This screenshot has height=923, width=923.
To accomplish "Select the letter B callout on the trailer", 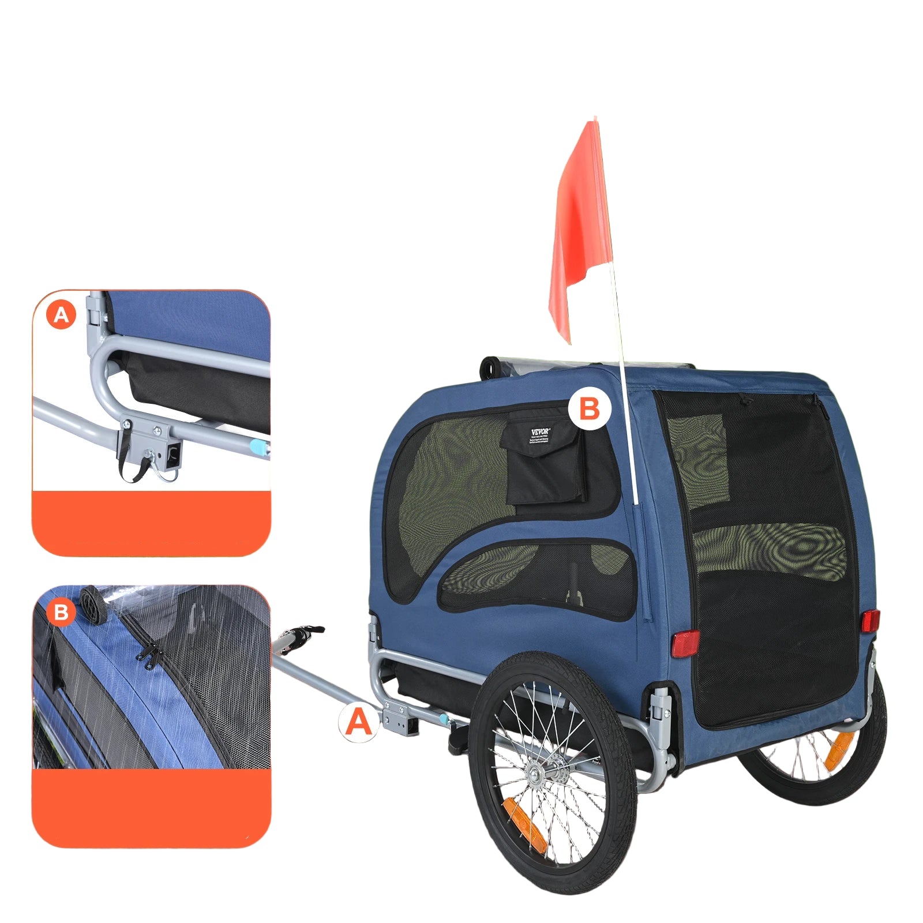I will (x=588, y=408).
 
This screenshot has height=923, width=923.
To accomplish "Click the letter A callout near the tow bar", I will (x=359, y=721).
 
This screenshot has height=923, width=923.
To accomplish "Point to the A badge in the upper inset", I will (x=61, y=315).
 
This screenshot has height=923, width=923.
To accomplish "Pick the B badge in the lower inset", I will (x=61, y=611).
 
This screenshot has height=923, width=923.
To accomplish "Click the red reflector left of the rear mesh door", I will (x=685, y=643).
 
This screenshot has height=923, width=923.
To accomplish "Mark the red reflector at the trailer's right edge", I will (x=871, y=621).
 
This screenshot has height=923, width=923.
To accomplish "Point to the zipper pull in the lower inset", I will (x=148, y=656).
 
